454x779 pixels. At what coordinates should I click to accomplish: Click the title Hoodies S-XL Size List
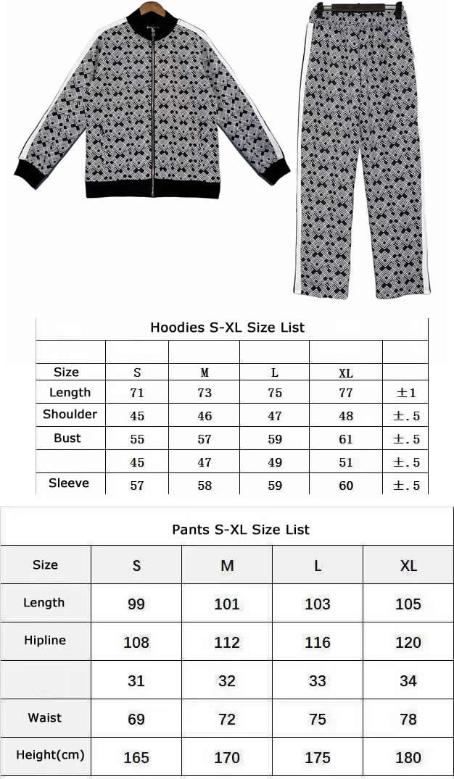(x=227, y=328)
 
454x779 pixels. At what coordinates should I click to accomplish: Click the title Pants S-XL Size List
(x=241, y=530)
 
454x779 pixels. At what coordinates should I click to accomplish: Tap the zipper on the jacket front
(x=154, y=109)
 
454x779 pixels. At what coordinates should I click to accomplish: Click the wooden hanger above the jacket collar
(x=153, y=6)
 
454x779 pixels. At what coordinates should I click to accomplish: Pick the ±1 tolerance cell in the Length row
(x=406, y=393)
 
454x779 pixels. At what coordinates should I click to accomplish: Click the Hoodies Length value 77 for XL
(x=346, y=393)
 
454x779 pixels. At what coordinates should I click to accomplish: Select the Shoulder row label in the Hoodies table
(x=70, y=415)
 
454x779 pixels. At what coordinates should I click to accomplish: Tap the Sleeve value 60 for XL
(x=346, y=486)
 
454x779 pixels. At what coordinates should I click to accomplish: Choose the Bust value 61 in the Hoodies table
(x=346, y=439)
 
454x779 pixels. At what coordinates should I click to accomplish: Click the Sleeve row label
(x=69, y=483)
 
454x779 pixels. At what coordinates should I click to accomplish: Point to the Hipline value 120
(x=408, y=642)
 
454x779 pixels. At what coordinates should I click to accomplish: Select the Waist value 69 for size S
(x=136, y=720)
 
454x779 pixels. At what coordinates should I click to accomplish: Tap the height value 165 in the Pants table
(x=136, y=758)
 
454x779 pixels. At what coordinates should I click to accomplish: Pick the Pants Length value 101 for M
(x=227, y=604)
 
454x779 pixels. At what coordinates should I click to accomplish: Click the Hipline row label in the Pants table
(x=45, y=641)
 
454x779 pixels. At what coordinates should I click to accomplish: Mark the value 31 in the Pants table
(x=136, y=681)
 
